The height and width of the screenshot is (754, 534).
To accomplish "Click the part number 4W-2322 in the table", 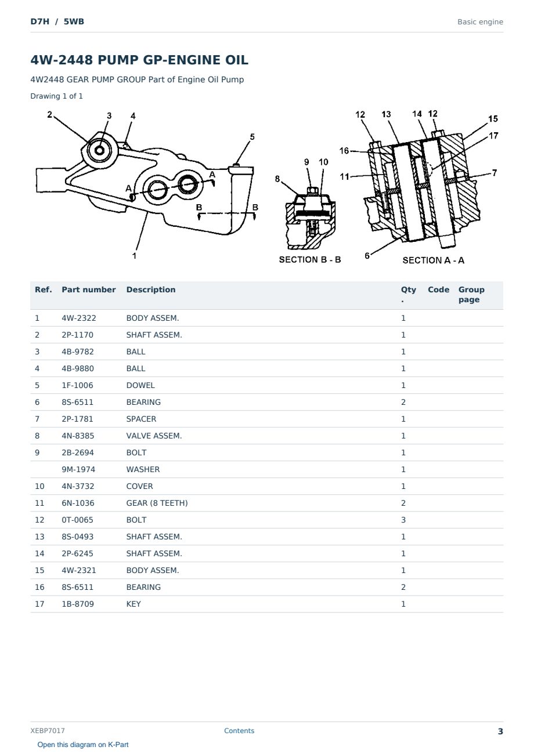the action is coord(78,318).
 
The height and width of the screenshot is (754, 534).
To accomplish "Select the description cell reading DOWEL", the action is coord(140,386).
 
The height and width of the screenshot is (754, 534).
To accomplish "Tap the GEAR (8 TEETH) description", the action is coord(157,503).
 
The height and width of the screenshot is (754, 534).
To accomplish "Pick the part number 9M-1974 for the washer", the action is coord(78,470).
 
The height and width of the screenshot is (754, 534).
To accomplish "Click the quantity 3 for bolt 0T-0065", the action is coord(403,520).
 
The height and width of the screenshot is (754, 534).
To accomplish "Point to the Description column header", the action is coord(150,290).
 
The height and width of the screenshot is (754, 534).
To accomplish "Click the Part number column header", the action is coord(89,290).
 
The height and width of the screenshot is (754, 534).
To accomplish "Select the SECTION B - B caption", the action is coord(309,259).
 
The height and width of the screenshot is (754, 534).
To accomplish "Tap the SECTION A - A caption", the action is coord(433,260).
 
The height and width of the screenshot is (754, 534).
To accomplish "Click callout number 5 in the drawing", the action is coord(252,137).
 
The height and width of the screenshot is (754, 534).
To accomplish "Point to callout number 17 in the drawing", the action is coord(493,136).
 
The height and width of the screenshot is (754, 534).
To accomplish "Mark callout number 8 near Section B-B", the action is coord(277,179).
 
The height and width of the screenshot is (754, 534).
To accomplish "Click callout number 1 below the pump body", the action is coord(134,256).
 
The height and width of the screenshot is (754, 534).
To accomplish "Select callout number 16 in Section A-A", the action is coord(344,150).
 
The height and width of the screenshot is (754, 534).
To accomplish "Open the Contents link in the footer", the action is coord(239,731).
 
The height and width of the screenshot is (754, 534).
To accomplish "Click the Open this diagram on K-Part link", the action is coord(83,745).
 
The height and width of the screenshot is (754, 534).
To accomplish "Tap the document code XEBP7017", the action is coord(48,731).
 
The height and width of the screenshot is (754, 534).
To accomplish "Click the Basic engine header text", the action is coord(480,22).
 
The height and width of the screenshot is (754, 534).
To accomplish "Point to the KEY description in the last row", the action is coord(133,604).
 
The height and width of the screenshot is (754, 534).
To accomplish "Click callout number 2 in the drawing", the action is coord(49,115).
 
